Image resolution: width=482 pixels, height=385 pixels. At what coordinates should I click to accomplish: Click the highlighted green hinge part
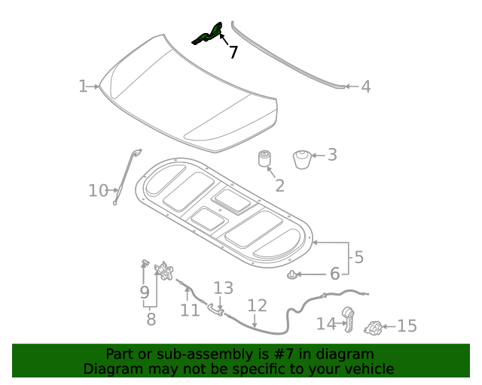208,35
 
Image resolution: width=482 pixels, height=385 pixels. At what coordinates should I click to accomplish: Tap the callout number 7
233,53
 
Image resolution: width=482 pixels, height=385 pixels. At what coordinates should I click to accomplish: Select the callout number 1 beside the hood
83,86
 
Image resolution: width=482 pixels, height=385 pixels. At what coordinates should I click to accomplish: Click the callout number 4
365,87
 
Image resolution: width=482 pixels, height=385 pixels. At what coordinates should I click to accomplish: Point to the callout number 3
331,155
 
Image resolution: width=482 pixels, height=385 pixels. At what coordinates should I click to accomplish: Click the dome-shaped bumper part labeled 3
302,159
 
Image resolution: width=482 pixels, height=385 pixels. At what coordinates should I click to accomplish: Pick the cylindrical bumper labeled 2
264,160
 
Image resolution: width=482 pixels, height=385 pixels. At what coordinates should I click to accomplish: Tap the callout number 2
279,186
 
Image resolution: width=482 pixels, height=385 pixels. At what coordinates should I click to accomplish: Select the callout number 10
99,191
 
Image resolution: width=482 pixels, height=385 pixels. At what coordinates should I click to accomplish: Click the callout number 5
359,256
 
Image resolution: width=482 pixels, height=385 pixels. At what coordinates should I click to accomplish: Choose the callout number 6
335,274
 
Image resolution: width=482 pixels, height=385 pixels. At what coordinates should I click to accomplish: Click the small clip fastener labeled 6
291,274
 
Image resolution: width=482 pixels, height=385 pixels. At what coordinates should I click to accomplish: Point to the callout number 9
144,291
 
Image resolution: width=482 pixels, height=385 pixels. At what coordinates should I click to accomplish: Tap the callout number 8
151,319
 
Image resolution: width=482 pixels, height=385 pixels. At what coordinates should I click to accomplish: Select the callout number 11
190,309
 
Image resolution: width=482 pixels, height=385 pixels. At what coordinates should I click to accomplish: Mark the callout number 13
223,288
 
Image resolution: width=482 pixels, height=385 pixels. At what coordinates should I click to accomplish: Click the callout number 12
257,306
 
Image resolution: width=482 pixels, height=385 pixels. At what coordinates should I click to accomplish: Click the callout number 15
407,326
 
